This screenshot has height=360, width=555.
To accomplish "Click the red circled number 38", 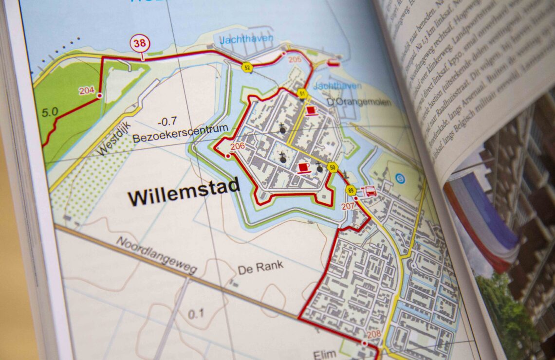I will pos(140,43).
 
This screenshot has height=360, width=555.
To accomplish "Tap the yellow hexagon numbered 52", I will pos(247,68).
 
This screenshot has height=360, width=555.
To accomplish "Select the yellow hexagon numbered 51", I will pos(302,93).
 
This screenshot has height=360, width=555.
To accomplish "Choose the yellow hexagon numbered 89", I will pos(350,190).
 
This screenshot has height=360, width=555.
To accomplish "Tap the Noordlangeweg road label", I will pos(156,255).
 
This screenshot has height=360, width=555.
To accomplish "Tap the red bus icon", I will pos(370,191).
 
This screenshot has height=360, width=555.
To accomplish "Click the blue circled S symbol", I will pos(400,178).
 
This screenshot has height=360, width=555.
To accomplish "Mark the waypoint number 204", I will pos(86,90).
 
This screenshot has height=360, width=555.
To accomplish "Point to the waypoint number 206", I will pos(238,146).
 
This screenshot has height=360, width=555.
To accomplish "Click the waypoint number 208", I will pos(374,334).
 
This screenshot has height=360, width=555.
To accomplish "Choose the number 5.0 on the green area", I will pos(50,112).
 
